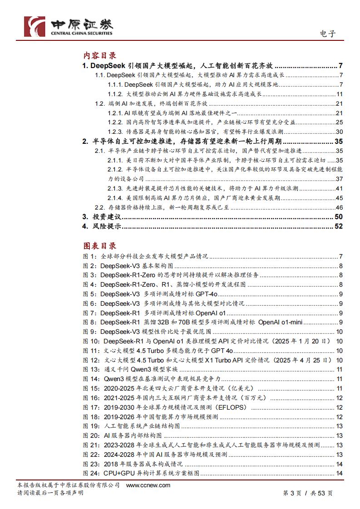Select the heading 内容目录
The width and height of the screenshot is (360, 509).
99,55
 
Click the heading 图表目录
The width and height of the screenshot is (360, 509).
99,245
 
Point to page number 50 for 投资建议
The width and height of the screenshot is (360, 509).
338,216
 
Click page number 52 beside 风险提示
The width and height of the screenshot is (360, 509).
338,226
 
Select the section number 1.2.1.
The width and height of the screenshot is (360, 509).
115,113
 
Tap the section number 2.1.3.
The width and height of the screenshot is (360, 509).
115,188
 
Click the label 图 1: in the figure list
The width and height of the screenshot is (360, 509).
89,256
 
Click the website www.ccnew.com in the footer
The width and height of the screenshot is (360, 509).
148,485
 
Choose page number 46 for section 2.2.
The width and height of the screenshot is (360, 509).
339,207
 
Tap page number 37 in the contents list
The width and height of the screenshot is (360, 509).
339,179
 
